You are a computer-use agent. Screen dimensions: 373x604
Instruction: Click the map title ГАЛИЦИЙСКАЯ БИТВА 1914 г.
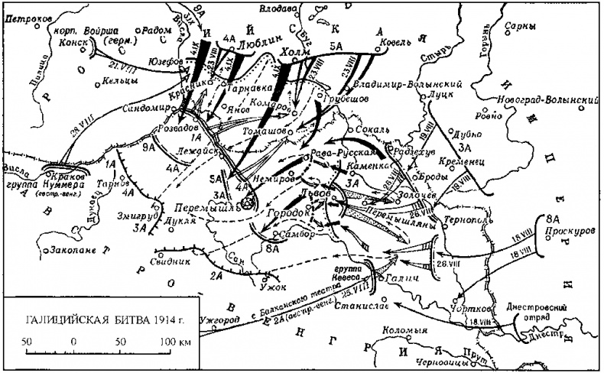[x=99, y=318]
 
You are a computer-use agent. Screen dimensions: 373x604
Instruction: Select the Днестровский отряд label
[x=549, y=310]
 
